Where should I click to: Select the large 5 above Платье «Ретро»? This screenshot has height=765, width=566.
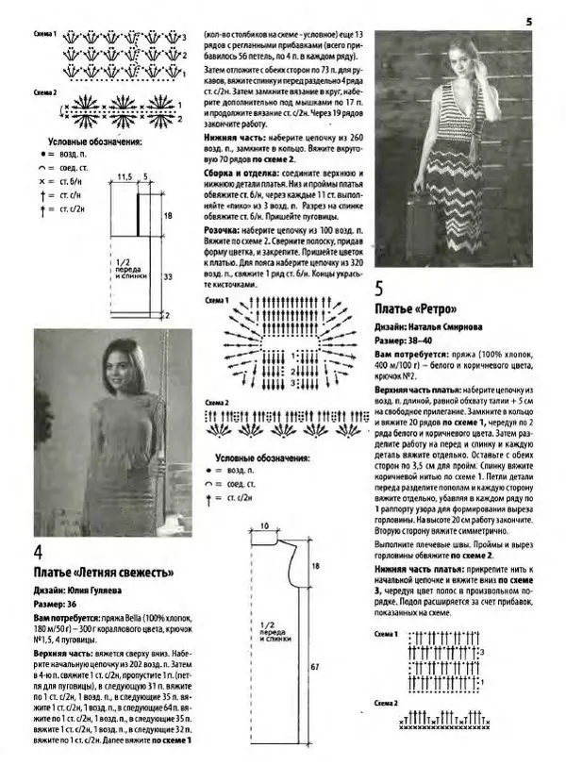[379, 290]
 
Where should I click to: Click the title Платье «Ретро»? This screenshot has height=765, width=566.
[416, 309]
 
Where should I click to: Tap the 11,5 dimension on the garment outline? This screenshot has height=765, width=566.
[124, 175]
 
